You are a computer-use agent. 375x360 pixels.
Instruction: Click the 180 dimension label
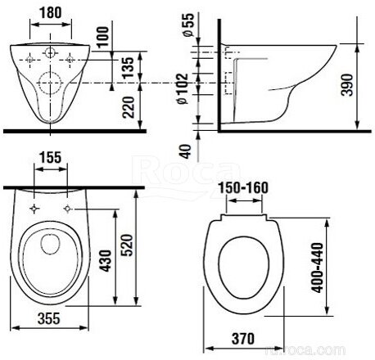51,12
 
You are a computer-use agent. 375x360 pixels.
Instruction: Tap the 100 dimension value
102,37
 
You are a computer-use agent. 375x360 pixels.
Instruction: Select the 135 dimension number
128,68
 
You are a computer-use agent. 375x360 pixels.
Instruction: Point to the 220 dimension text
129,107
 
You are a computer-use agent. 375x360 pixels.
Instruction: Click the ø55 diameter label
188,25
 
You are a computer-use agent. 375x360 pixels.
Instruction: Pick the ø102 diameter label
183,88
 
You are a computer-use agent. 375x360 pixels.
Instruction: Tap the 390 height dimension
347,85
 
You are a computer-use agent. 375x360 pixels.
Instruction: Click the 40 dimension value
186,151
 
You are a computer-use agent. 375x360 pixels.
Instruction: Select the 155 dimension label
51,157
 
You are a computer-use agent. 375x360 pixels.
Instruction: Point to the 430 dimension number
106,260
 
